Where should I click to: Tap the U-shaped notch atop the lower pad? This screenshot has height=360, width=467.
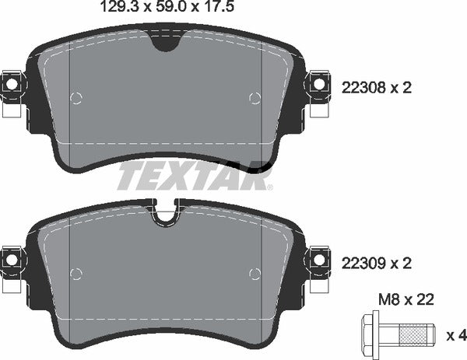pos(166,215)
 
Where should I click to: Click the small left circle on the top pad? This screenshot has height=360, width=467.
pos(75,97)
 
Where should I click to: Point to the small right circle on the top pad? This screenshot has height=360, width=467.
pos(254,97)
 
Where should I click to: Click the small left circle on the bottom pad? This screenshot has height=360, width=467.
pos(75,273)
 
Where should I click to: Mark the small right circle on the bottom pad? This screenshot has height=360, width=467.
pos(254,273)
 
